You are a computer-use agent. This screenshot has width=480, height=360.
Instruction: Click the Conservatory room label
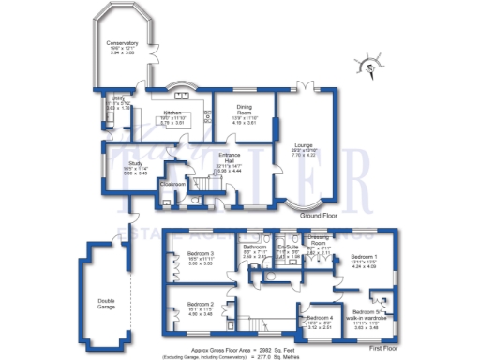pos(122,43)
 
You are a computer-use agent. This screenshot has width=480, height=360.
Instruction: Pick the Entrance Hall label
pos(232,157)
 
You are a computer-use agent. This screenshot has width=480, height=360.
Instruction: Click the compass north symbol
pos(372,67)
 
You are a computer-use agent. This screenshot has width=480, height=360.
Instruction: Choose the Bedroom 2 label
pos(201,305)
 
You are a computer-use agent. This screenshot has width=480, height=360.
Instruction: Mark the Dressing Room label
pos(320,240)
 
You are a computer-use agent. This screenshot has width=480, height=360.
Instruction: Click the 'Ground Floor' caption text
pos(317,216)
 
